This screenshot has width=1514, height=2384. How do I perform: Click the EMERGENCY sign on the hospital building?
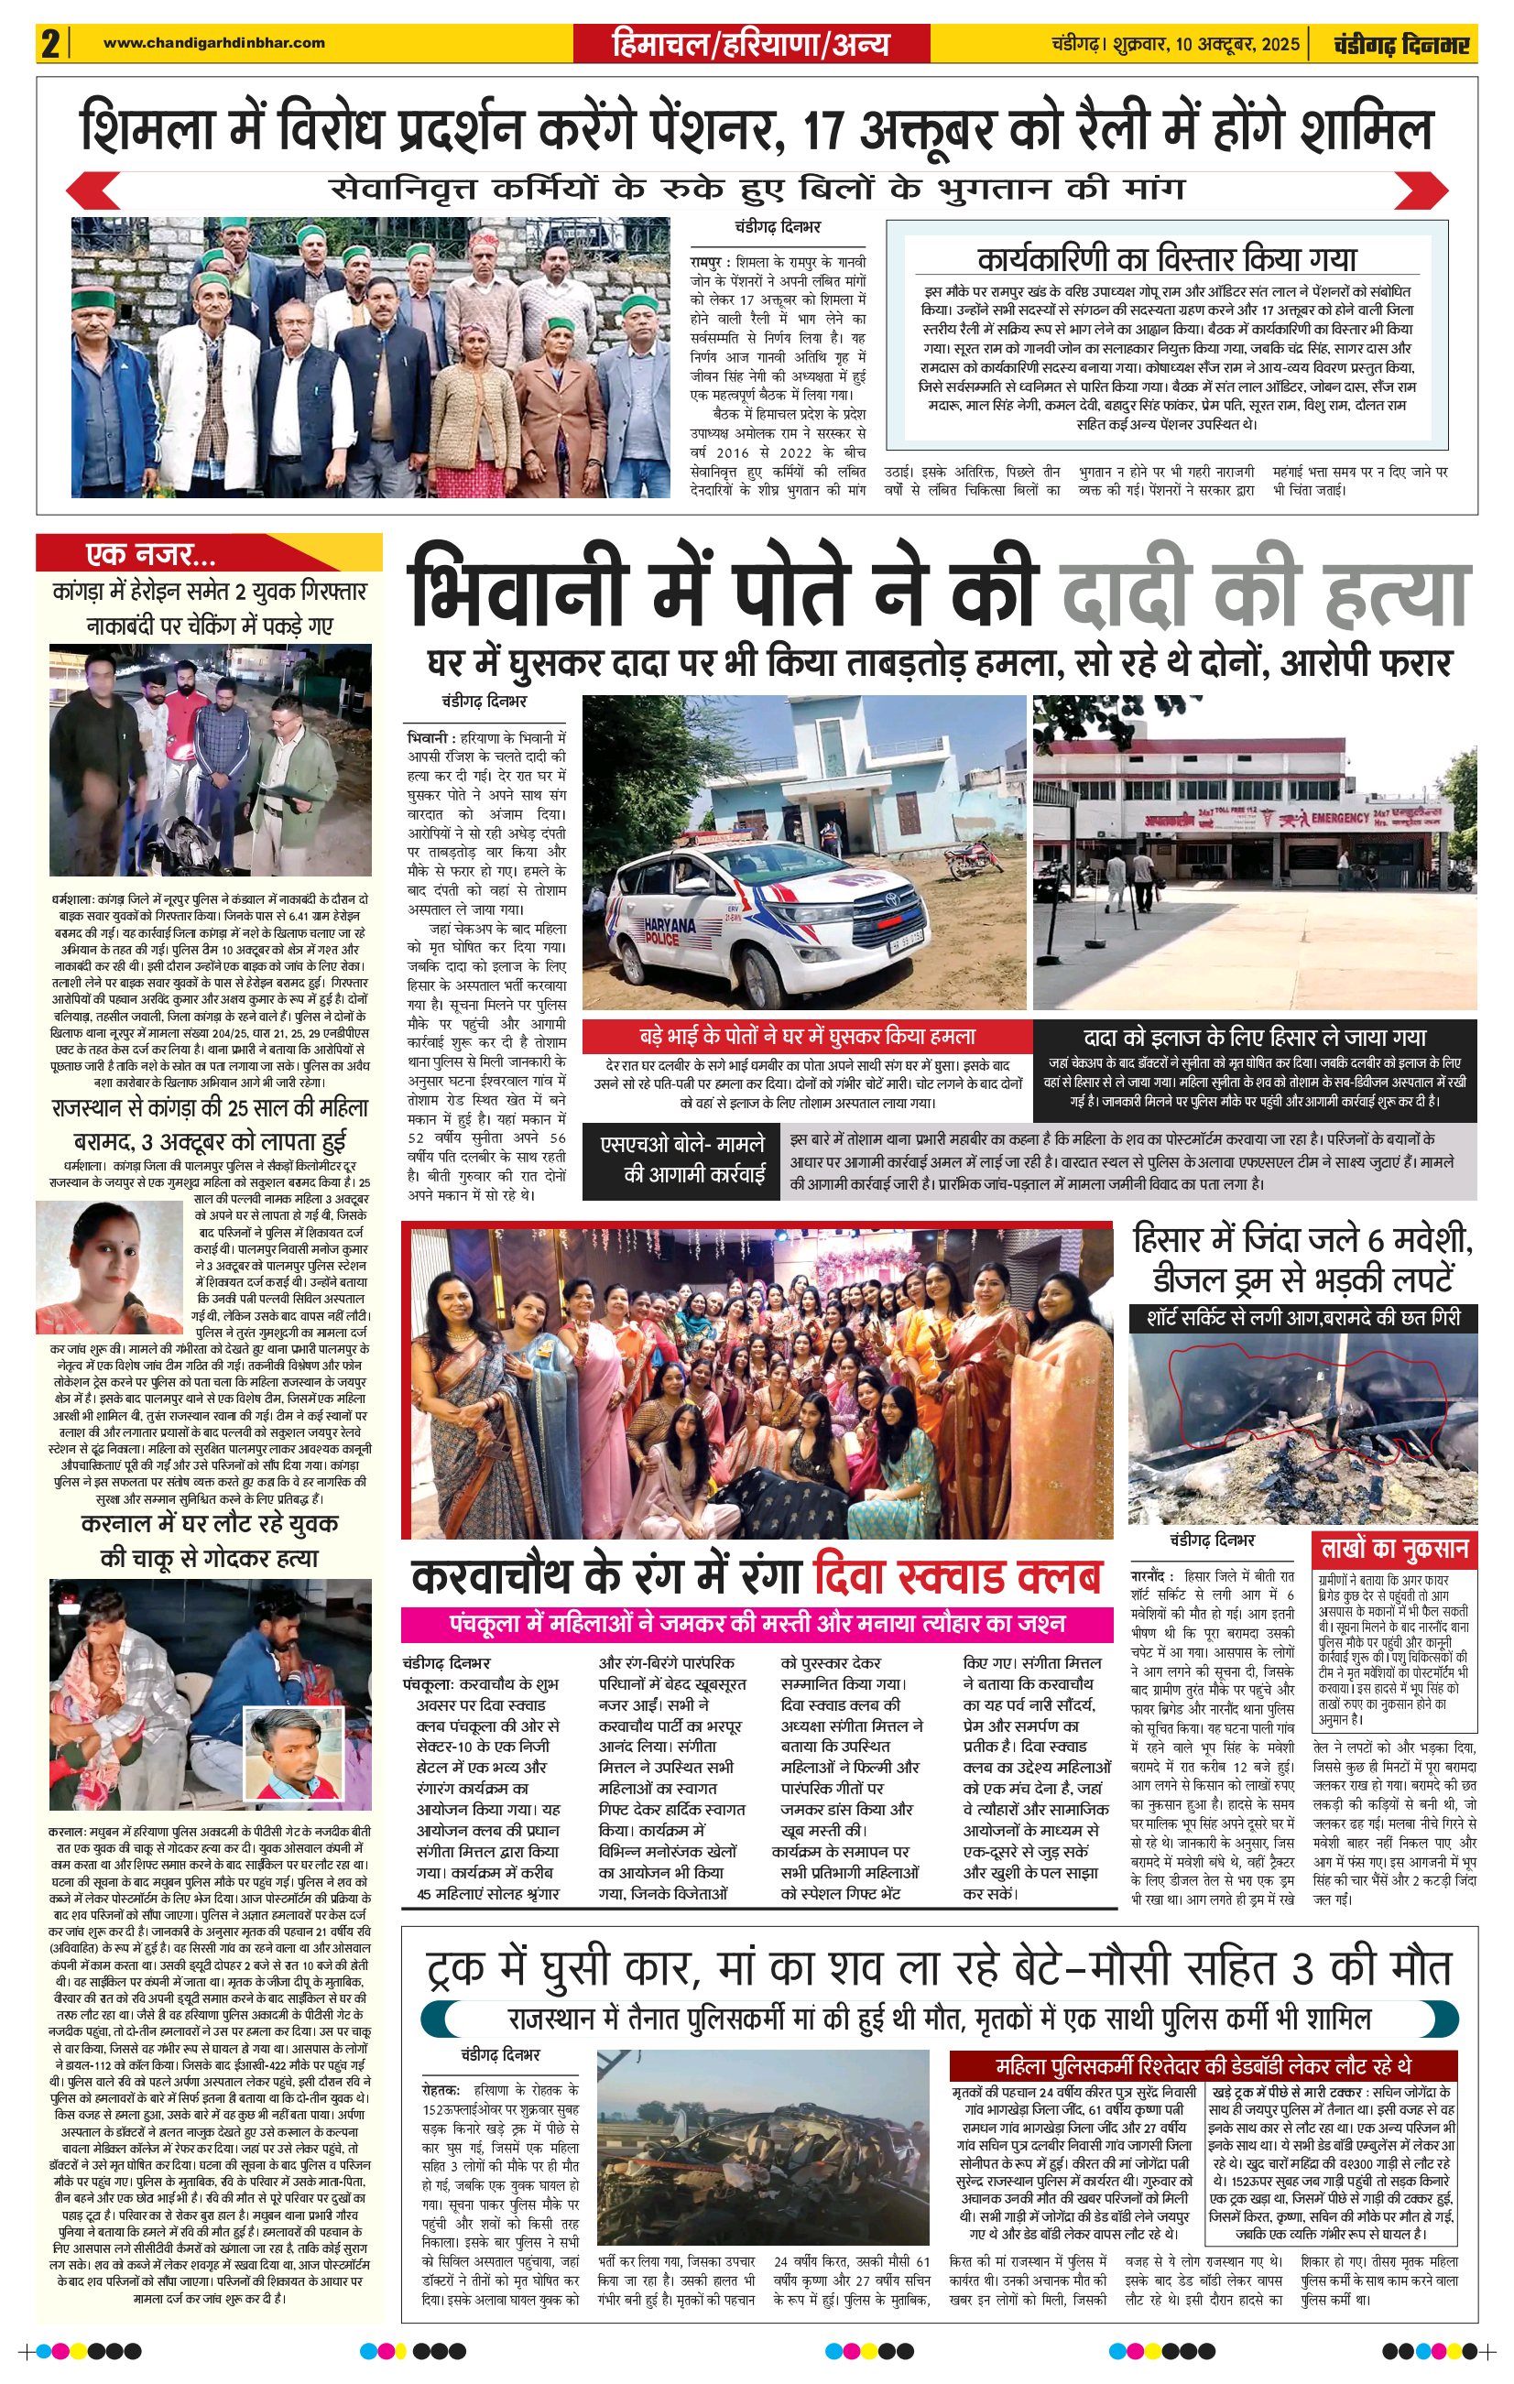tap(1338, 819)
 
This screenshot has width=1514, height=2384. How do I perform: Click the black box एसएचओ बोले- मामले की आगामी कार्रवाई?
tap(683, 1159)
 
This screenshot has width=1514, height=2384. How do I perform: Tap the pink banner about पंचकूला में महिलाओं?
tap(757, 1625)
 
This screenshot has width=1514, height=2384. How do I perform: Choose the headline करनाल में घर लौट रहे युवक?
tap(211, 1540)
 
